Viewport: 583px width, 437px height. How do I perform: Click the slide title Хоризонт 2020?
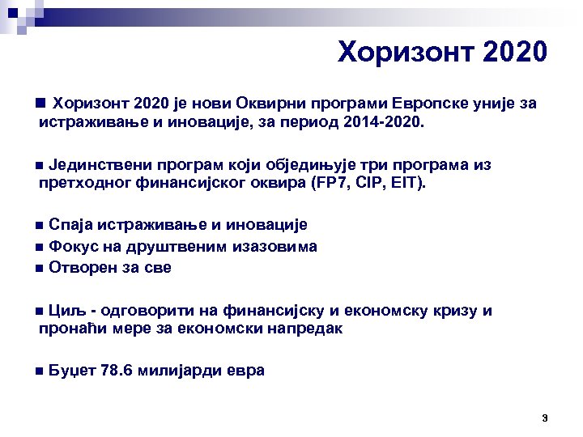pyautogui.click(x=442, y=53)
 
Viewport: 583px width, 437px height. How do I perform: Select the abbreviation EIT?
pyautogui.click(x=407, y=185)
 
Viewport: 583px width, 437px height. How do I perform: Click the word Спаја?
pyautogui.click(x=68, y=225)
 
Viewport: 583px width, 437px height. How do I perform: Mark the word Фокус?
pyautogui.click(x=71, y=246)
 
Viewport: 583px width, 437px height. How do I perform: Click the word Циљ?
pyautogui.click(x=64, y=311)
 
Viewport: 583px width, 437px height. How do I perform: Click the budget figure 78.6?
pyautogui.click(x=115, y=371)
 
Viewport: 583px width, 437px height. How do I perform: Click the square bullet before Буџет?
pyautogui.click(x=40, y=372)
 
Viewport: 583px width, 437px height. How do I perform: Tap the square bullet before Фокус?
pyautogui.click(x=40, y=247)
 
